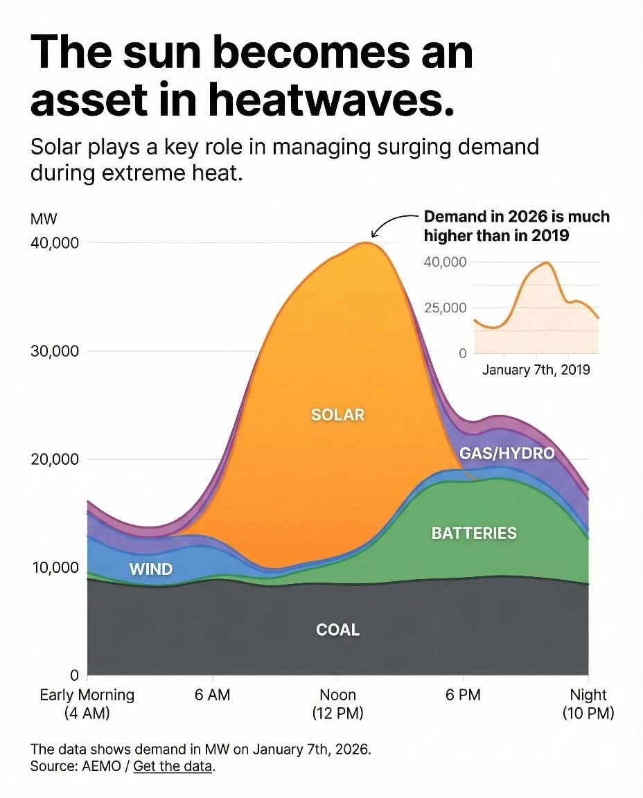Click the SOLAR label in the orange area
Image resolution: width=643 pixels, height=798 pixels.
(337, 415)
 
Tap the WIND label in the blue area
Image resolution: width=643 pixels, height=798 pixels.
(150, 569)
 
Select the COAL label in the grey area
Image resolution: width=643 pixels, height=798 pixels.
(337, 630)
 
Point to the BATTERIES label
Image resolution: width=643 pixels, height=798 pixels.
(474, 533)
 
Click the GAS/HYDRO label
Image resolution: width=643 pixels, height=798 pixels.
(507, 454)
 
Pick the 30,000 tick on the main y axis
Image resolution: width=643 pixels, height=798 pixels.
(55, 351)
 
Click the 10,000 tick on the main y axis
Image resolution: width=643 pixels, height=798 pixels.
(55, 568)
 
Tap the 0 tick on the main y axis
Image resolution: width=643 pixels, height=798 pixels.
(73, 675)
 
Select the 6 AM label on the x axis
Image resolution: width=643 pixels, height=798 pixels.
(212, 695)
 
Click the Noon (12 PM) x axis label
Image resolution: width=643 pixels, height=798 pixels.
(337, 704)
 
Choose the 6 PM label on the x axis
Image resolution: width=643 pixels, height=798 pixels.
(463, 695)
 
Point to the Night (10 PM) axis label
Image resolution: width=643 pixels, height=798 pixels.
(588, 704)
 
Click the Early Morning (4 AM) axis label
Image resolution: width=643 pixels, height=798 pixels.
(87, 704)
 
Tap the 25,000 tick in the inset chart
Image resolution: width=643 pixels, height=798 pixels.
(446, 308)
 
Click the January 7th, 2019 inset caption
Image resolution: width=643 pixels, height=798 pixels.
(536, 369)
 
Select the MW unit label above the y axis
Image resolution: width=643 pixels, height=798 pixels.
(44, 219)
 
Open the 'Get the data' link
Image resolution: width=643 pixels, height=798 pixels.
(173, 767)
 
